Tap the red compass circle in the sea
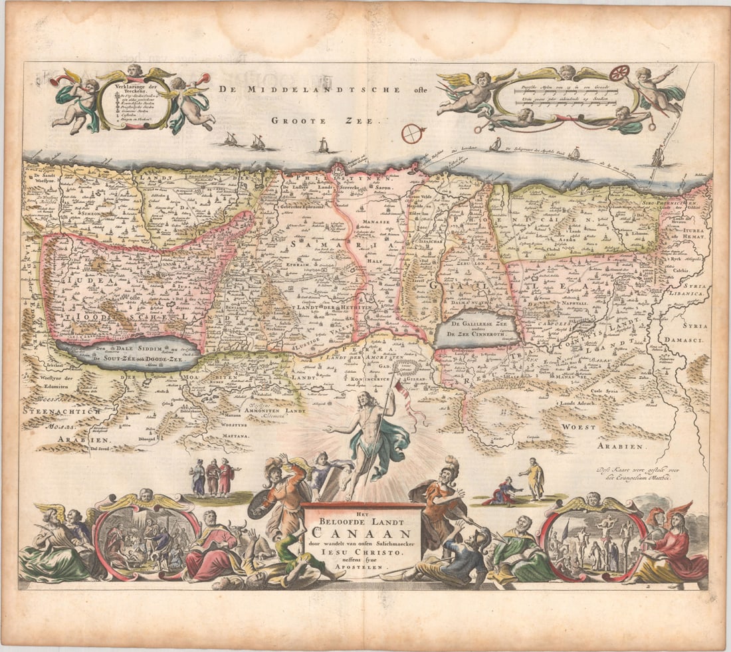pos(412,134)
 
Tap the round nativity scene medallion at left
pos(146,536)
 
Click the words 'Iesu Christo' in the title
pos(361,552)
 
